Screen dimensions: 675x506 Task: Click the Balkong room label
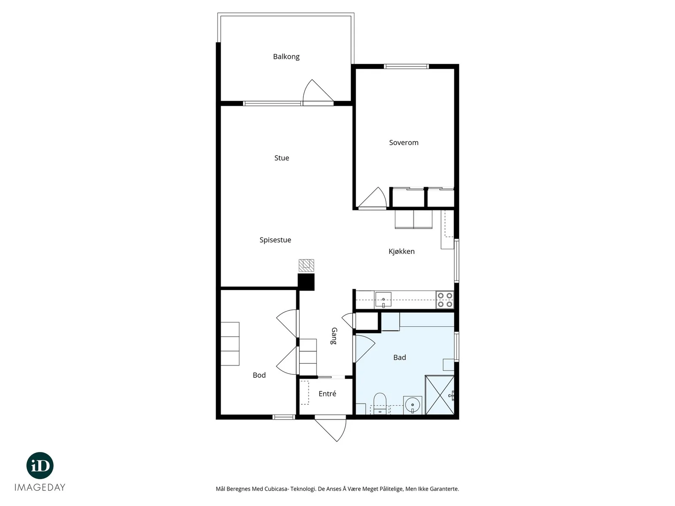click(x=286, y=57)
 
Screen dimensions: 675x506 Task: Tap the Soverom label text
click(x=403, y=143)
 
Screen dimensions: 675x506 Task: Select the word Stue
click(x=281, y=158)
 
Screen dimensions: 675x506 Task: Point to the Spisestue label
click(x=275, y=240)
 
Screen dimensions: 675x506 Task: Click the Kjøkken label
click(x=401, y=251)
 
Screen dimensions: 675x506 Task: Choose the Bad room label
click(x=400, y=357)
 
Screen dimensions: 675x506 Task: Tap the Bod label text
click(x=259, y=375)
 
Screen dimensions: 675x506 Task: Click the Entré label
click(x=327, y=393)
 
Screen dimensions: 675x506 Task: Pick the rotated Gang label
click(x=334, y=336)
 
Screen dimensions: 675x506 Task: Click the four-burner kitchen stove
click(x=445, y=299)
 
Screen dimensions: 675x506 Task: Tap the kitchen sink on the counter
click(x=383, y=299)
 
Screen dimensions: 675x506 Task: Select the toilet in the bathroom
click(x=380, y=404)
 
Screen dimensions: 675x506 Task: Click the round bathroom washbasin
click(x=412, y=405)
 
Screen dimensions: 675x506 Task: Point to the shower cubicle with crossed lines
click(x=440, y=395)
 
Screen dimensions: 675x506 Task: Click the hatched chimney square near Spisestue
click(x=306, y=266)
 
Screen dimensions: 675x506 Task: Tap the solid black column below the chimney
click(x=306, y=282)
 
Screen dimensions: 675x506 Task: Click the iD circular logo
click(x=40, y=466)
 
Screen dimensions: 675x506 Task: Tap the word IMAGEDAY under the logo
click(x=40, y=487)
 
